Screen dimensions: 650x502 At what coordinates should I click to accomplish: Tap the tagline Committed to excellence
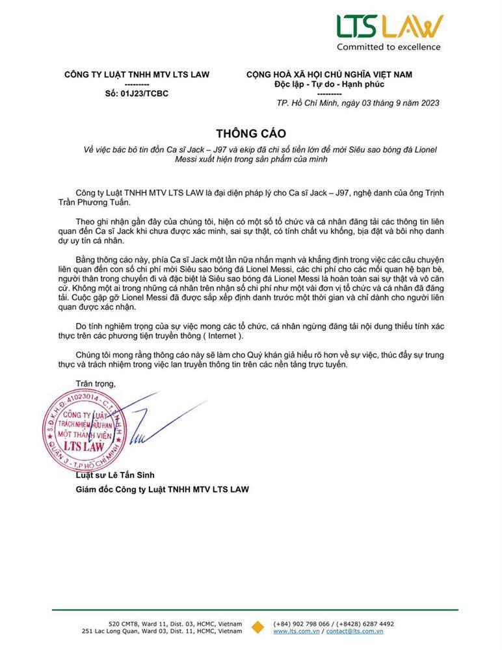tap(388, 47)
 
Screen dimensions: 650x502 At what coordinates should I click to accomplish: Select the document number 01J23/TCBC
tap(137, 93)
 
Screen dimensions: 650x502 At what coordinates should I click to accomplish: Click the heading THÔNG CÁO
tap(250, 134)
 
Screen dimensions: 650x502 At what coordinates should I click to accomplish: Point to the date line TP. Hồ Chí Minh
tap(358, 103)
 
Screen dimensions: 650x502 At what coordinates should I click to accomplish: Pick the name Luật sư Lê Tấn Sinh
tap(115, 475)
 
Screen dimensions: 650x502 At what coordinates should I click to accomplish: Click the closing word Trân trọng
tap(96, 383)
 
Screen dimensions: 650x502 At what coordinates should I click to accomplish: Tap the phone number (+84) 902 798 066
tap(304, 623)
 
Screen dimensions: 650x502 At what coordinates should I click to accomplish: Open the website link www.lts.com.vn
tap(295, 630)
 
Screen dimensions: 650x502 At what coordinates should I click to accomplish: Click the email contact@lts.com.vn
tap(354, 630)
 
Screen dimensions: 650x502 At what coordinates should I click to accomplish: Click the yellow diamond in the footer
tap(258, 627)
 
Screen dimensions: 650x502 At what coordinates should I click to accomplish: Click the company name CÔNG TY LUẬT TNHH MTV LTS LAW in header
tap(137, 75)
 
